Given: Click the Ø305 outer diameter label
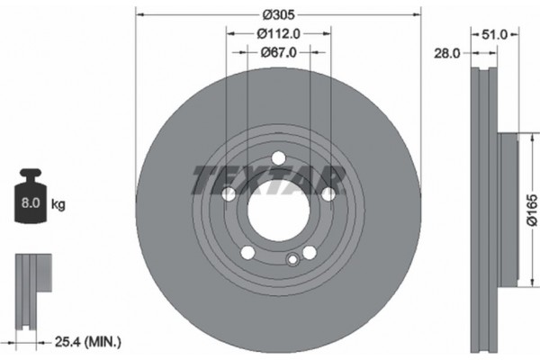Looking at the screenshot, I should [278, 14].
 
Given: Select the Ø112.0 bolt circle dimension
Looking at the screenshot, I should [278, 33].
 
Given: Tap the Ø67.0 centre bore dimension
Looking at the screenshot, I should [278, 53].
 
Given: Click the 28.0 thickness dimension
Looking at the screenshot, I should [446, 54].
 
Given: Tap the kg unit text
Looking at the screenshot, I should [58, 205].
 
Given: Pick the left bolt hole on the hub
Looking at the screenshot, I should [229, 194].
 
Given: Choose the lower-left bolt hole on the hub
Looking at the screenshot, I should [247, 252].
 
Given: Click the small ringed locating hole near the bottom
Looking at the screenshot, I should [291, 260].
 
